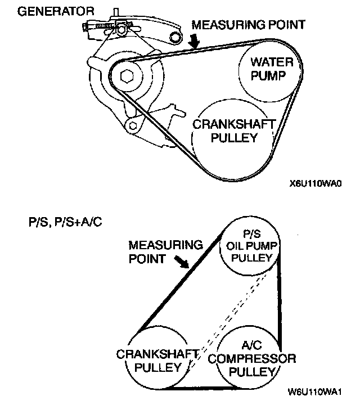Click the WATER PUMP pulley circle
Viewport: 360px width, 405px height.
[x=265, y=68]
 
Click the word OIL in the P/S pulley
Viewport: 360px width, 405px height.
[x=235, y=247]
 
